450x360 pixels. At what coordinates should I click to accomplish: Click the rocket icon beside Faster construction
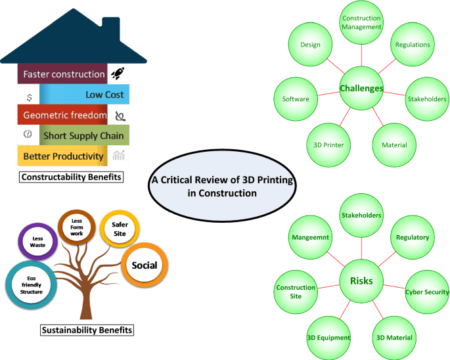click(x=118, y=74)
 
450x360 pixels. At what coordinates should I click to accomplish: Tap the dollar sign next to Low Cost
click(x=30, y=98)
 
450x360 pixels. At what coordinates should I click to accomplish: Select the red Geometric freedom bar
click(x=62, y=115)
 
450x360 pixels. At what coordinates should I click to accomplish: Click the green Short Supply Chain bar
click(x=84, y=135)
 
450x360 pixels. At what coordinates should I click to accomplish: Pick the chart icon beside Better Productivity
click(x=118, y=155)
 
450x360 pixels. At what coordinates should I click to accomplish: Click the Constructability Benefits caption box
click(x=71, y=177)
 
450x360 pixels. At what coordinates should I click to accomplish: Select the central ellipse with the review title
click(x=223, y=186)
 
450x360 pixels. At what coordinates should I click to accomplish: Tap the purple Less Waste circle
click(x=38, y=242)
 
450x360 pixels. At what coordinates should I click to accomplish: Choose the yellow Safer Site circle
click(x=120, y=229)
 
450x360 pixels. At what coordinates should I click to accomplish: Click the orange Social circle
click(x=145, y=265)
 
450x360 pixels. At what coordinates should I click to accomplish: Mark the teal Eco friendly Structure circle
click(x=32, y=285)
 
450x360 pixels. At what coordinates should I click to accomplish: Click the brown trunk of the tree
click(x=85, y=302)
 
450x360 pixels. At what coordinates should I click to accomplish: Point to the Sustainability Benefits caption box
click(x=87, y=330)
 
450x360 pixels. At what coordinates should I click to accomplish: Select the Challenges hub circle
click(x=361, y=88)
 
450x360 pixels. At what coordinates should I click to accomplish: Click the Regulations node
click(x=413, y=45)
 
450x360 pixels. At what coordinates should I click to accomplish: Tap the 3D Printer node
click(x=328, y=145)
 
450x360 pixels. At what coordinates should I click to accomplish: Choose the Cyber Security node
click(x=427, y=292)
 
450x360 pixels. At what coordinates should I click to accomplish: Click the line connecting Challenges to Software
click(x=328, y=93)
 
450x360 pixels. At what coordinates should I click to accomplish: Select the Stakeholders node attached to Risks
click(x=361, y=215)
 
